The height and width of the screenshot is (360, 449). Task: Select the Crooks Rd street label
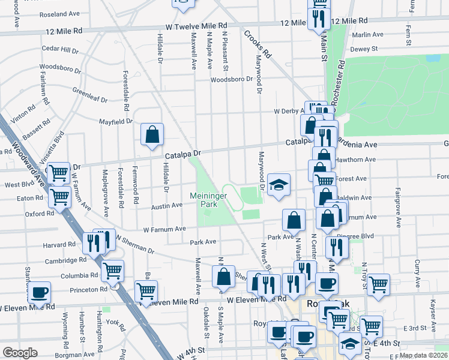[x=258, y=43]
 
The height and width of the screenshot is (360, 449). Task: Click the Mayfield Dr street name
[x=116, y=121]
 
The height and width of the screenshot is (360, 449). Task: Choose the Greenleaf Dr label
[x=90, y=95]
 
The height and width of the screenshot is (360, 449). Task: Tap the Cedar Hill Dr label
[x=61, y=49]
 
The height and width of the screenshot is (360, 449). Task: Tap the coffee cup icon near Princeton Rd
[x=39, y=292]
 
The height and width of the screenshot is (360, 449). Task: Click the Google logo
[x=20, y=353]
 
